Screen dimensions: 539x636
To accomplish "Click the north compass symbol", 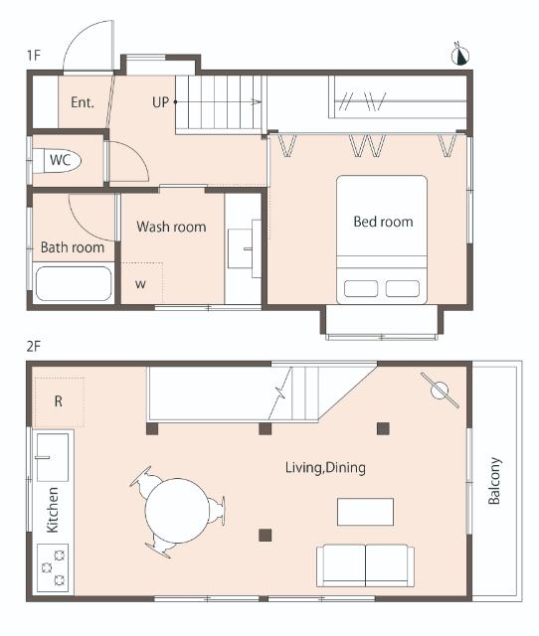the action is point(460,56).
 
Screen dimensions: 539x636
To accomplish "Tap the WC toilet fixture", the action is point(57,161).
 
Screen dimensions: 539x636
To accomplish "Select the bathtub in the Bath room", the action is point(74,283).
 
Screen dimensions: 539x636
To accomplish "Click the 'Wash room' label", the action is point(171,227).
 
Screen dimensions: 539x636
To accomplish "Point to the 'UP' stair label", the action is point(160,101).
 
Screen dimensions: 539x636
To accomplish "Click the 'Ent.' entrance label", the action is point(83,101).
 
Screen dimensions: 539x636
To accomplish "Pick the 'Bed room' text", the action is point(383,222).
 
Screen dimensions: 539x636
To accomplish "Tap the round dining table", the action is point(177,511).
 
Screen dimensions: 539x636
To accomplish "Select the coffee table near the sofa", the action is point(365,512).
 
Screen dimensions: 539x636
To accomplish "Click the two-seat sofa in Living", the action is point(365,565).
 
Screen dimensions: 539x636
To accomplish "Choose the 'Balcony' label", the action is point(494,481).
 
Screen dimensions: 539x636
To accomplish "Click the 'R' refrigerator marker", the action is point(58,401).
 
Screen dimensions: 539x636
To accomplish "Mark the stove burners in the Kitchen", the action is point(53,566).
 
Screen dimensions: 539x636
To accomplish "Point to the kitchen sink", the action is point(53,457).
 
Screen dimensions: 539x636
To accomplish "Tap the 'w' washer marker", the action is point(140,283).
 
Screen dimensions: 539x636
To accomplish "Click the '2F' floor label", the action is point(34,346).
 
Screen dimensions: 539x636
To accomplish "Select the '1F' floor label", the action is point(34,55).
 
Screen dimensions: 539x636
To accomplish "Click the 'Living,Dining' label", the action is point(325,468).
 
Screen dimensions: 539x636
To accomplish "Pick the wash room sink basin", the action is point(241,248).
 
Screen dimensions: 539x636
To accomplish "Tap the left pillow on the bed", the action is point(361,288).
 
